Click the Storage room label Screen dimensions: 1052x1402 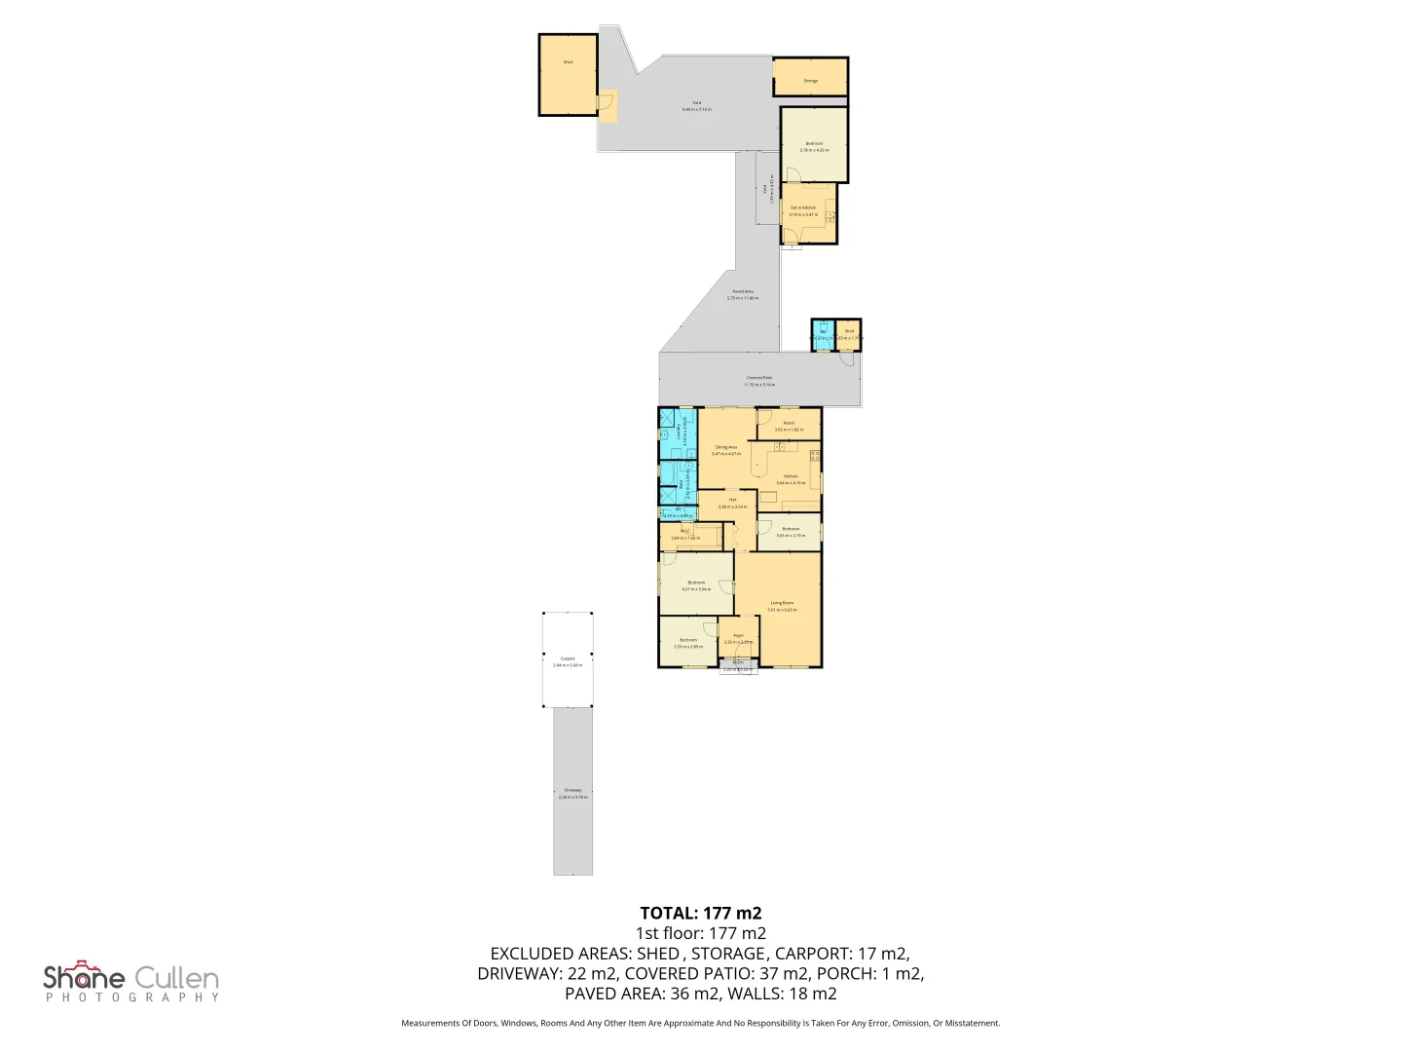[810, 81]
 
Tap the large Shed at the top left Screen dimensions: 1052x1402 [568, 74]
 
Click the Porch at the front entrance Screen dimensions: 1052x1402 [738, 665]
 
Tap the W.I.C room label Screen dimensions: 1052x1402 [684, 533]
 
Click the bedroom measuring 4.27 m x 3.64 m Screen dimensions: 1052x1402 [696, 583]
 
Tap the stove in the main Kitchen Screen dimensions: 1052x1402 [815, 456]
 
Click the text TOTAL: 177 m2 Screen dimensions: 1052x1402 [700, 913]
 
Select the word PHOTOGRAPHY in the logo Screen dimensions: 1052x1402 [132, 997]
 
